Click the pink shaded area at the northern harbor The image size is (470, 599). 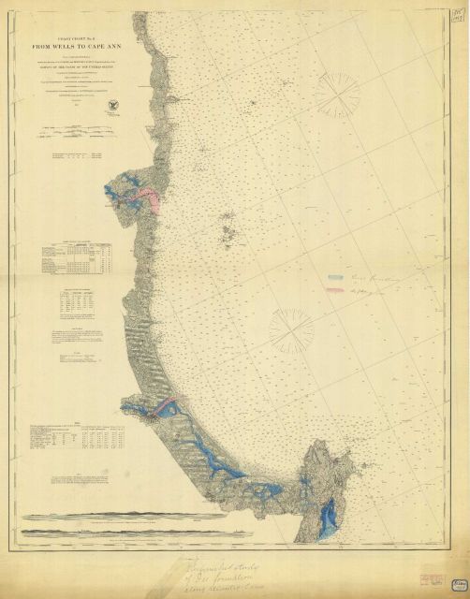click(148, 195)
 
